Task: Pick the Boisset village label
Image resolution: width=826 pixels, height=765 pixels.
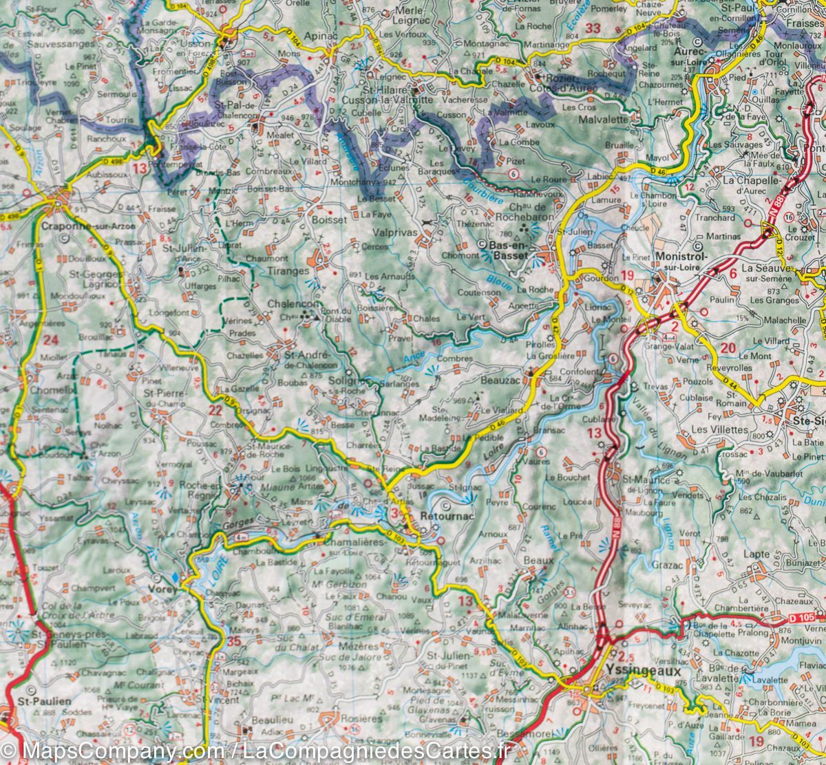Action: click(x=328, y=221)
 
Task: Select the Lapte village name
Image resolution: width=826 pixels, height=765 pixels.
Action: click(x=756, y=554)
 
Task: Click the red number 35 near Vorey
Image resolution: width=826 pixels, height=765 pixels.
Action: click(x=235, y=643)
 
